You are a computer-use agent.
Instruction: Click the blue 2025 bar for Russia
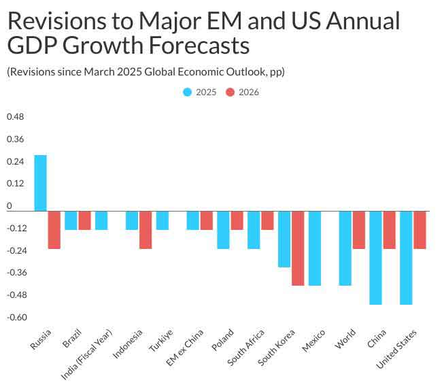coord(40,183)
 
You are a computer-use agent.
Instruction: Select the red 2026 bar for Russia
coord(54,230)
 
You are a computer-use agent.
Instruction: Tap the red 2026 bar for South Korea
coord(298,248)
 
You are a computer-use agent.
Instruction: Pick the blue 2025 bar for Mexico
coord(315,248)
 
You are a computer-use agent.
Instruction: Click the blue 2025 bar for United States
coord(406,258)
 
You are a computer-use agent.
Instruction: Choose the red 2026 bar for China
coord(389,230)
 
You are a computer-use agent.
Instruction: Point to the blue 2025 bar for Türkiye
coord(162,220)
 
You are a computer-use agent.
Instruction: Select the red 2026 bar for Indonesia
coord(146,230)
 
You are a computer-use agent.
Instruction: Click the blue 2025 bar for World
coord(345,248)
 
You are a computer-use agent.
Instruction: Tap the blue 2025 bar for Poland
coord(223,230)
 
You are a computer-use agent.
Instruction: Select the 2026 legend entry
coord(243,93)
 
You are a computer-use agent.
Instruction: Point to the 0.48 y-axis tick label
coord(15,117)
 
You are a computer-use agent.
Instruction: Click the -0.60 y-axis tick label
coord(16,317)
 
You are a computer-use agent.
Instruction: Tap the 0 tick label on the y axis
coord(10,205)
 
